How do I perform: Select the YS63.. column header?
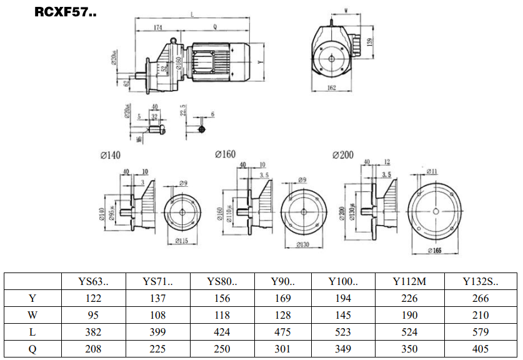click(x=93, y=281)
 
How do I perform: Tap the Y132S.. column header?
click(x=481, y=281)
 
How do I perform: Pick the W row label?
click(x=32, y=316)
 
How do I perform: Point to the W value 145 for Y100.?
click(x=342, y=316)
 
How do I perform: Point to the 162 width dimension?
click(x=332, y=88)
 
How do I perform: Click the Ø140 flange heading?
click(x=109, y=154)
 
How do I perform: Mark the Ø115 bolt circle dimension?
click(x=182, y=241)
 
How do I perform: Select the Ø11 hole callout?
click(x=432, y=171)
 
